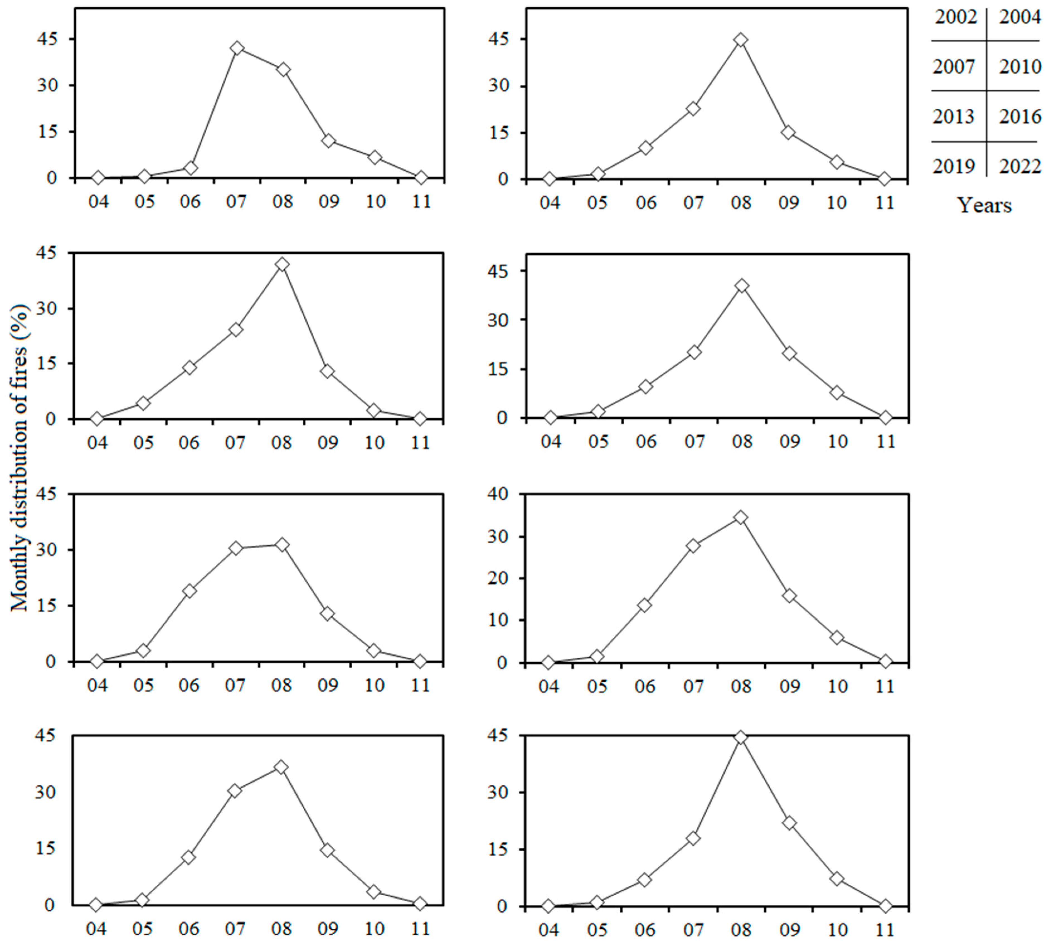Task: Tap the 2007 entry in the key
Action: (x=954, y=66)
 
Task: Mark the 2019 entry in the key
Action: (x=954, y=166)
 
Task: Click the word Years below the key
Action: (x=983, y=205)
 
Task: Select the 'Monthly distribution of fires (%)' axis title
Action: (x=20, y=457)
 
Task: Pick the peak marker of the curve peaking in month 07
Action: (x=237, y=48)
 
